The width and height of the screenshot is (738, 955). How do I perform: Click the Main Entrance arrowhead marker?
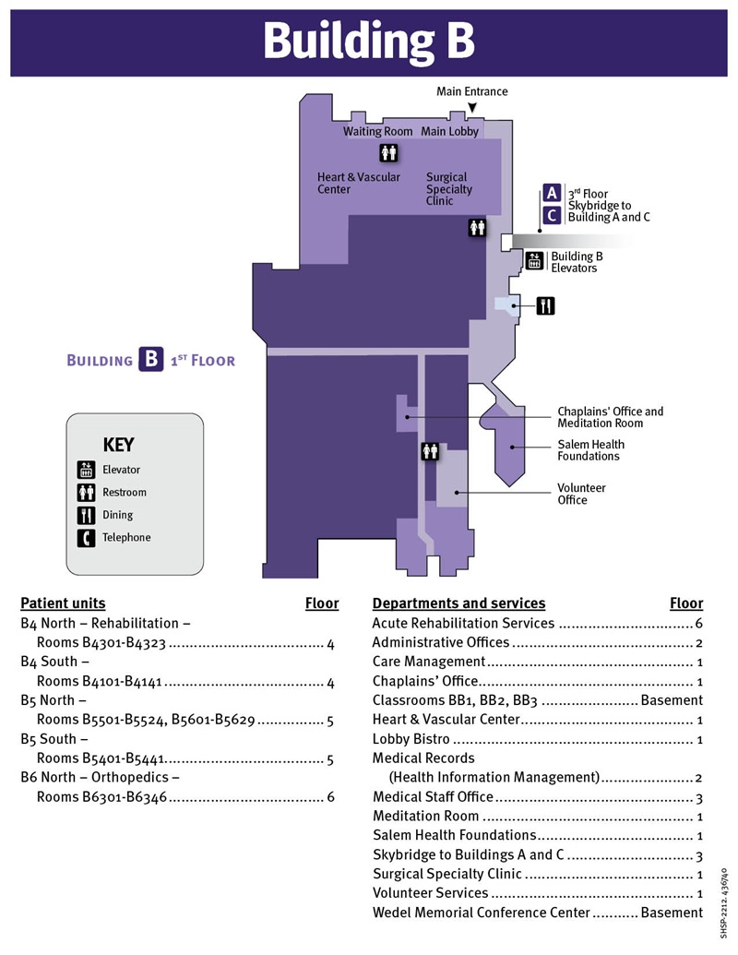click(471, 109)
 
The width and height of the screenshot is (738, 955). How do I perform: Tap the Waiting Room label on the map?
click(377, 132)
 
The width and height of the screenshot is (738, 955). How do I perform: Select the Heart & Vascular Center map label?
click(359, 183)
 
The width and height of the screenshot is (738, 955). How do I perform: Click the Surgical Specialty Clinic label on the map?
click(449, 188)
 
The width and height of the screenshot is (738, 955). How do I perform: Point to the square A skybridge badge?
click(552, 193)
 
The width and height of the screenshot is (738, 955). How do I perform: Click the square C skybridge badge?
click(552, 215)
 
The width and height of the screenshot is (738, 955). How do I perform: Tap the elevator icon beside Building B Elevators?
click(534, 261)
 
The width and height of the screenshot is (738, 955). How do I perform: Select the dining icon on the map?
click(546, 305)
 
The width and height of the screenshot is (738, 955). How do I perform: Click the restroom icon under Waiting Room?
click(388, 153)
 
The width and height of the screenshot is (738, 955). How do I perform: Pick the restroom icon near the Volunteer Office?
click(430, 451)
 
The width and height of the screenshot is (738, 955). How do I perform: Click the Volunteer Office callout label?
click(581, 494)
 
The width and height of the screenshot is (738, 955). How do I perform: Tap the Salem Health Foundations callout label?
click(589, 450)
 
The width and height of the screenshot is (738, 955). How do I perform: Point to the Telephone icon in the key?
click(86, 537)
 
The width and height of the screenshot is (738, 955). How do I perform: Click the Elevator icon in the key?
click(86, 470)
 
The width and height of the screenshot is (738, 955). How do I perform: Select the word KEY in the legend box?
click(118, 445)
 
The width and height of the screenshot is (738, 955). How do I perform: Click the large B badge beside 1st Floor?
click(151, 359)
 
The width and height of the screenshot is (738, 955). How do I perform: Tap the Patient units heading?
click(63, 603)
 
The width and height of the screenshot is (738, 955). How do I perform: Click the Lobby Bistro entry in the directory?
click(411, 739)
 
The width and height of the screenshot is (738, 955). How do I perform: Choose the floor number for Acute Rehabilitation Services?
click(698, 623)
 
